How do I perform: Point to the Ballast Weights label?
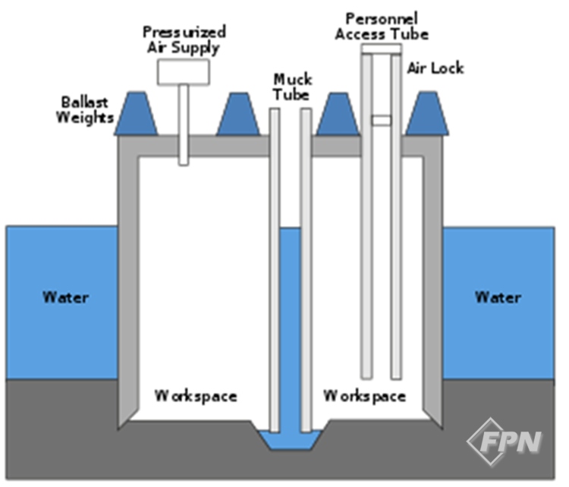click(88, 110)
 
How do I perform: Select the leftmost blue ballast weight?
click(136, 116)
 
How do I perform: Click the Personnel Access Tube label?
click(386, 25)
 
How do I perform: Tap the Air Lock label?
click(435, 68)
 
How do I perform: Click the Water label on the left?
click(65, 297)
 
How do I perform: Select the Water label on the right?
click(498, 297)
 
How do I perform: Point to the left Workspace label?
click(196, 396)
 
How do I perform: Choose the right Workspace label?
click(364, 396)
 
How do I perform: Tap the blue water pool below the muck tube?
click(290, 439)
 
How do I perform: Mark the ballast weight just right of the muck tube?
click(337, 116)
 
